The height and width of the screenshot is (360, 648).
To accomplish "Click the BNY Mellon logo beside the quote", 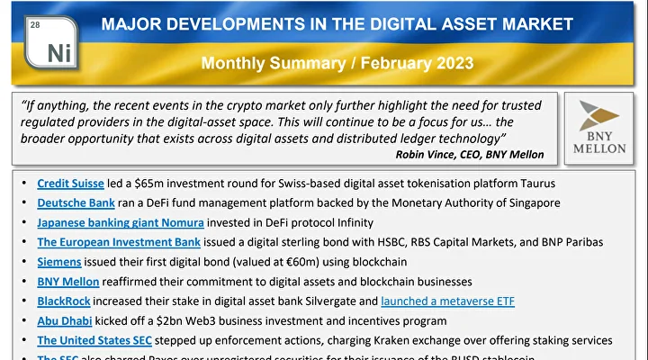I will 597,129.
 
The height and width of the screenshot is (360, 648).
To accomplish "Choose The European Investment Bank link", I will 120,242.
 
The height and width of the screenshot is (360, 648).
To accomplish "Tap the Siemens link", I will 59,262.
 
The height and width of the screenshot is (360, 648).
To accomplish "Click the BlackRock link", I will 64,301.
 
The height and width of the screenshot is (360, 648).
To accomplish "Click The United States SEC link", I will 94,340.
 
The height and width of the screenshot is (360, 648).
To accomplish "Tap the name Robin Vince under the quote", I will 427,154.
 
